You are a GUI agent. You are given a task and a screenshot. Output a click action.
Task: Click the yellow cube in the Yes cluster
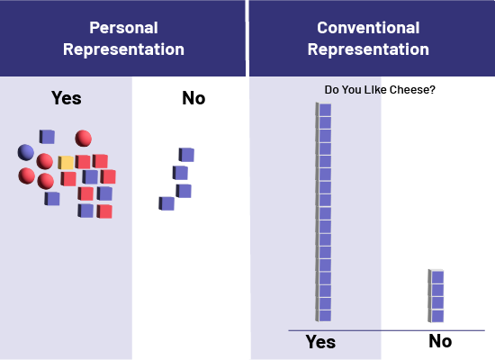coord(66,163)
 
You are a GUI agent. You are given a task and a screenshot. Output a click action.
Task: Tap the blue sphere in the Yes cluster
coord(26,152)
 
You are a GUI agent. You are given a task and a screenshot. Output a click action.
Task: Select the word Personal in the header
coord(123,28)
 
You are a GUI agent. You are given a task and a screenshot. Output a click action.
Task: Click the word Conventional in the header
coord(368,28)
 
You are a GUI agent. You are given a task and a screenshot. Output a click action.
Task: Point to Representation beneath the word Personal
coord(123,49)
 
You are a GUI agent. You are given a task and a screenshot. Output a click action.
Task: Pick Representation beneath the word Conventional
coord(368,49)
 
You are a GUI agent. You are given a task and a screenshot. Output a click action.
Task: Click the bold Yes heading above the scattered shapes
coord(67,98)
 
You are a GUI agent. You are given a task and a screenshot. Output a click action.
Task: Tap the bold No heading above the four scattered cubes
coord(193,98)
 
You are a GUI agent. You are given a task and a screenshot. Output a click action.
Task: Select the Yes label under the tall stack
coord(320,342)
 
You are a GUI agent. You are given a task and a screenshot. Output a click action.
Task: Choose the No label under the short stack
coord(440,341)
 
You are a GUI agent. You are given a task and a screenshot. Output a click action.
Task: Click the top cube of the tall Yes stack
coord(324,110)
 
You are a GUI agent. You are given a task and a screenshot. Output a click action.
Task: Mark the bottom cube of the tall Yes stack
coord(324,316)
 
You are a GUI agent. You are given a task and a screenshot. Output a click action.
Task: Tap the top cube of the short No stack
coord(436,276)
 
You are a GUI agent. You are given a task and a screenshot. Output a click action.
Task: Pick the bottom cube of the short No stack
coord(436,316)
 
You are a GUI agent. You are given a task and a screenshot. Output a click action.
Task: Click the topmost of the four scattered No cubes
coord(186,155)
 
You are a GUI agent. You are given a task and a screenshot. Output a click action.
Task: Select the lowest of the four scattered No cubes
coord(166,203)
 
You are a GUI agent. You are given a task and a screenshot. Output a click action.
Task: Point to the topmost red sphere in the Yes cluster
coord(84,139)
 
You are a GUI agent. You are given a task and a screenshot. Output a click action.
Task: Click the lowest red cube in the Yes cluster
coord(104,211)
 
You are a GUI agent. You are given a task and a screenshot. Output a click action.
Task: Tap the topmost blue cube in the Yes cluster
coord(47,137)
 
